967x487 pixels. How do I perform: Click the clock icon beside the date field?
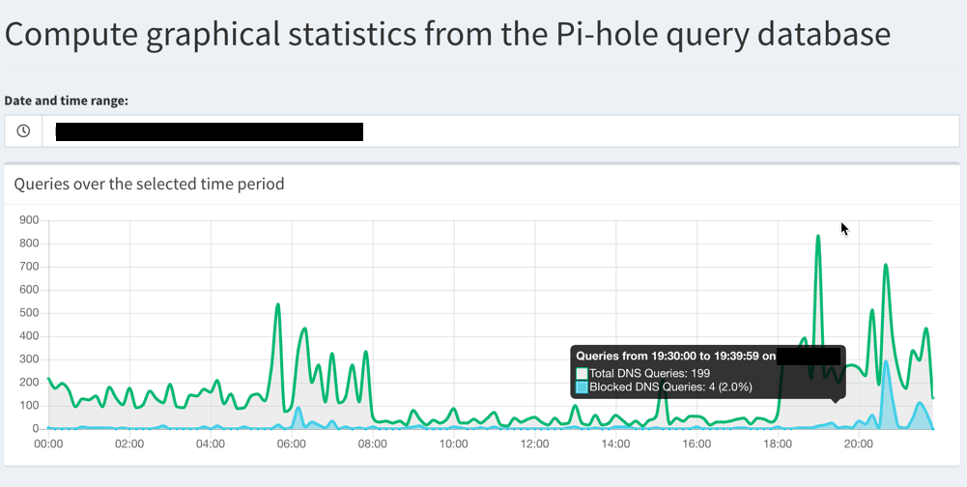(23, 131)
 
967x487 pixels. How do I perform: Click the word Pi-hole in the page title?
(660, 34)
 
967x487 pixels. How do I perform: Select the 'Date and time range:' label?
(67, 100)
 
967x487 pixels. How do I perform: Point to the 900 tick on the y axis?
(28, 220)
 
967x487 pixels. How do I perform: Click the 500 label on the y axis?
(28, 313)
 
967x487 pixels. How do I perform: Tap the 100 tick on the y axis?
(28, 406)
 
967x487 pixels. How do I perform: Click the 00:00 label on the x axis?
(48, 444)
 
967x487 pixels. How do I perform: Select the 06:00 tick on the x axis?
(291, 444)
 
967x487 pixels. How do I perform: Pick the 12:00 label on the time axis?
(534, 444)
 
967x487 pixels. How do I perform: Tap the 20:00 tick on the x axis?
(858, 444)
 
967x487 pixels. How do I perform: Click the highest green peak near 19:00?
(818, 236)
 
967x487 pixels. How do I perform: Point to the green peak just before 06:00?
(278, 305)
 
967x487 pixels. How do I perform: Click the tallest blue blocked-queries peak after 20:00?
(886, 362)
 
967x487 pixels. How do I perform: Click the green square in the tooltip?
(582, 373)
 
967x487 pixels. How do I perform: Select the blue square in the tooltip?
(582, 387)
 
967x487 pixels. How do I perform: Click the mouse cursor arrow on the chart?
(844, 229)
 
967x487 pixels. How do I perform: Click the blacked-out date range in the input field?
(209, 131)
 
